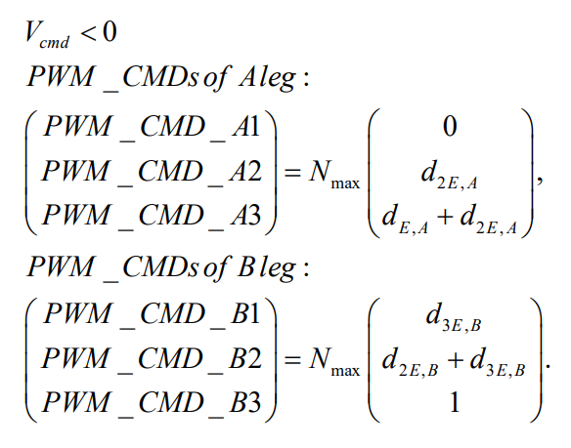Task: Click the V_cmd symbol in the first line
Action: point(47,35)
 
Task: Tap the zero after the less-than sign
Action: point(110,32)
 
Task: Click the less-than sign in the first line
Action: point(88,33)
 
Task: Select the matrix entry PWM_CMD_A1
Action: point(152,127)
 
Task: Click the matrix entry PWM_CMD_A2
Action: point(152,172)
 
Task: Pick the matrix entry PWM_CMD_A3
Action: point(152,216)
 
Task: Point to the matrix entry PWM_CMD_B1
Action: point(152,314)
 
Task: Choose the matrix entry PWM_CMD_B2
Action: point(152,359)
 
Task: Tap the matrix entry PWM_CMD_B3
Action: point(152,403)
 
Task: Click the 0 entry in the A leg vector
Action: point(450,127)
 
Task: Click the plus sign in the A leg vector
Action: point(445,217)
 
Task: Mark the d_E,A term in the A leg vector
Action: point(405,219)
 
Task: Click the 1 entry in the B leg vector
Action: point(454,402)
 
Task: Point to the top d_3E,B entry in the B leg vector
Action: point(454,317)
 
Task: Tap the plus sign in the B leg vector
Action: point(455,360)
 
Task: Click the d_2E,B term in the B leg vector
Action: point(410,362)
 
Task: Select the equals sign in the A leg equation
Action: point(292,173)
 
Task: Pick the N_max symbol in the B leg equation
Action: point(334,361)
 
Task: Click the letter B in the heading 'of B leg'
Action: point(245,267)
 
